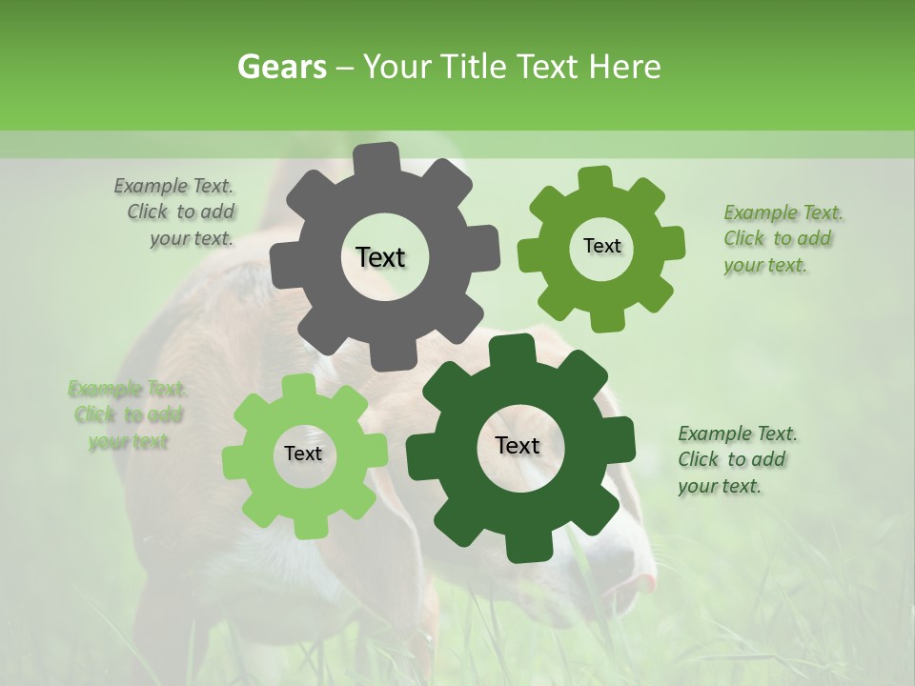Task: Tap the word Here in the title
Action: pyautogui.click(x=625, y=67)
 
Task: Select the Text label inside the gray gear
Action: pyautogui.click(x=380, y=257)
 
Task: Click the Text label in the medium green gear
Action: pyautogui.click(x=601, y=246)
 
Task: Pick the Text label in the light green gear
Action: pyautogui.click(x=303, y=454)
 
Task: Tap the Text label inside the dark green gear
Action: pyautogui.click(x=518, y=446)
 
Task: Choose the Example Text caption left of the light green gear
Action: pyautogui.click(x=127, y=414)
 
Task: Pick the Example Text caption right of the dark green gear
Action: pyautogui.click(x=735, y=459)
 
